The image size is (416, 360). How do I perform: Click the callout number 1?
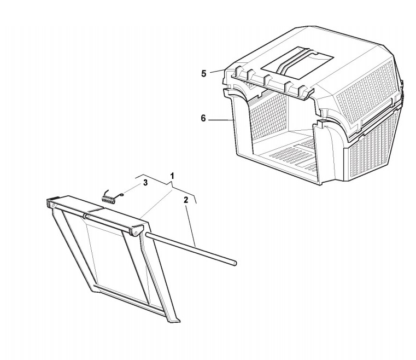[172, 176]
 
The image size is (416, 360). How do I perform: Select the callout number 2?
[186, 200]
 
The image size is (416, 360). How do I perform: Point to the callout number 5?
[203, 73]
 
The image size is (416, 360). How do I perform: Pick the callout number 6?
[203, 118]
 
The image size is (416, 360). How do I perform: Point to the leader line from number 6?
[221, 118]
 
